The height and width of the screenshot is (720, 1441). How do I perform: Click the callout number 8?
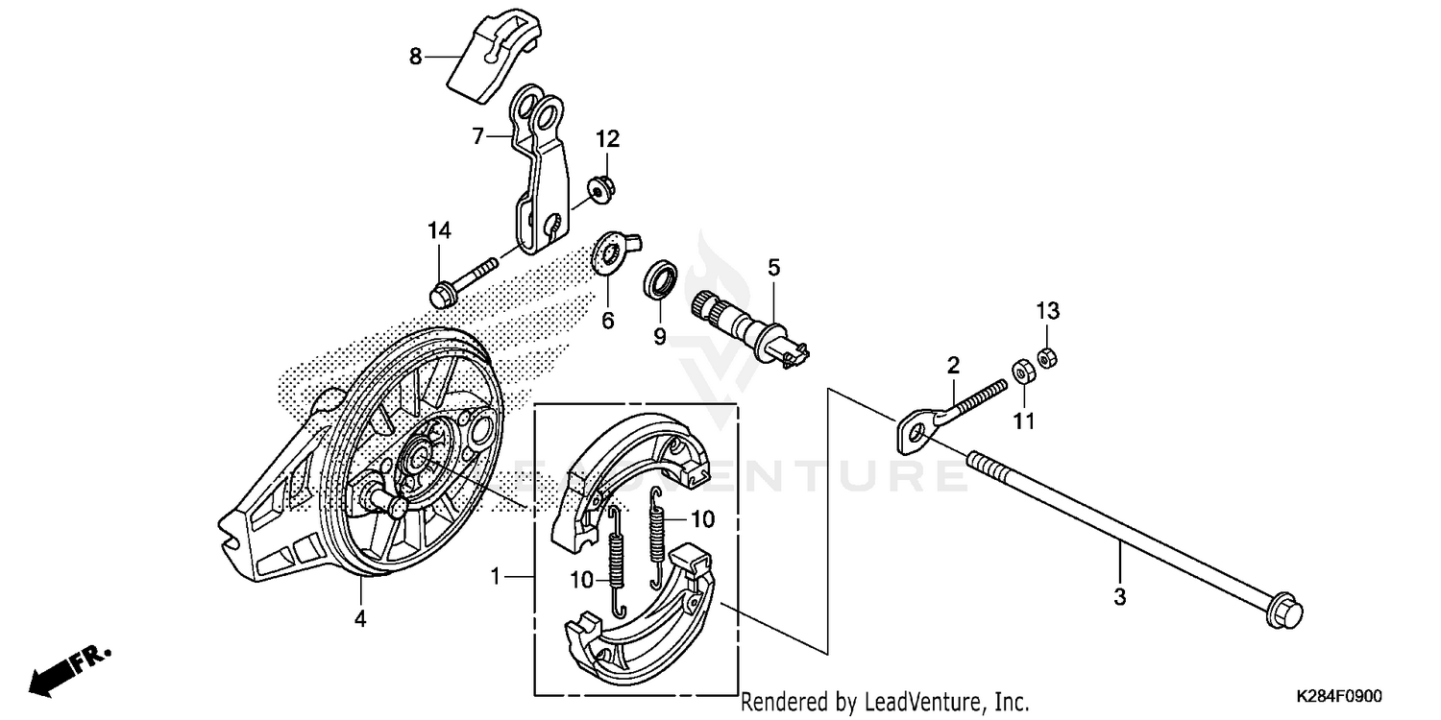(x=415, y=57)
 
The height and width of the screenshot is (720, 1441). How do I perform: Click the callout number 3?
(x=1119, y=596)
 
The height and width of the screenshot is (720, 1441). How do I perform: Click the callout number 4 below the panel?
(x=359, y=620)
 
